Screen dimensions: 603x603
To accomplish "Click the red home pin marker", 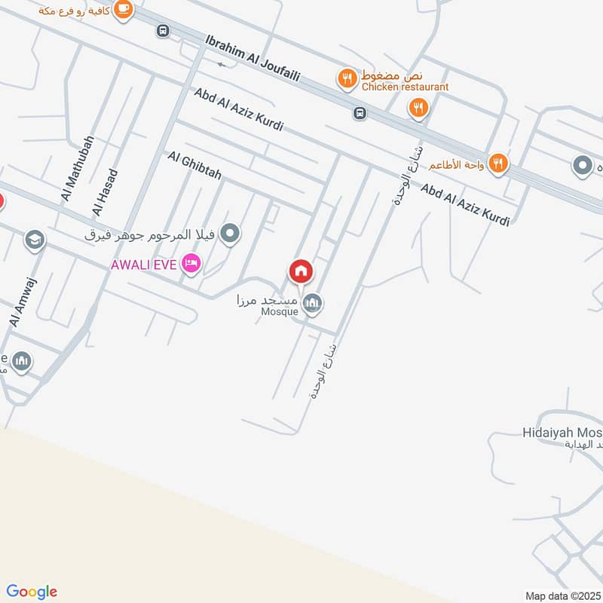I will point(301,271).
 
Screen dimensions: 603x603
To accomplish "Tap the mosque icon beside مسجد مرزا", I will point(312,304).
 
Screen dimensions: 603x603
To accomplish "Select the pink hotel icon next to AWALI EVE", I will point(191,264).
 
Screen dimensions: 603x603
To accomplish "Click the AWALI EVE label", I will point(144,265).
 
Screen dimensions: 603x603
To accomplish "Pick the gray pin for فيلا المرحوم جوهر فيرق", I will point(232,234).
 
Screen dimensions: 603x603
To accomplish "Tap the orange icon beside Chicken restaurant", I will point(347,78).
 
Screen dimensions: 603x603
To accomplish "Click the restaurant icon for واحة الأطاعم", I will point(497,163).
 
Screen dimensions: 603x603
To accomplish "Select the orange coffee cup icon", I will point(124,9).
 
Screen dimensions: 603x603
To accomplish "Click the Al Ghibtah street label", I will point(194,165).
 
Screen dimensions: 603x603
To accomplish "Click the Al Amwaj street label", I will point(23,301).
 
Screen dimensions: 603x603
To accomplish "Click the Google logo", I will point(32,592).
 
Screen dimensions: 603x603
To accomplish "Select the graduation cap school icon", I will point(34,240).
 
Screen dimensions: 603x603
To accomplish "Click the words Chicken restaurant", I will point(405,87).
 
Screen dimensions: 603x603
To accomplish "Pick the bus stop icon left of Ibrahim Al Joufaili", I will point(161,31).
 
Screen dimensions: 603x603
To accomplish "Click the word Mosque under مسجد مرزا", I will point(279,312).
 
